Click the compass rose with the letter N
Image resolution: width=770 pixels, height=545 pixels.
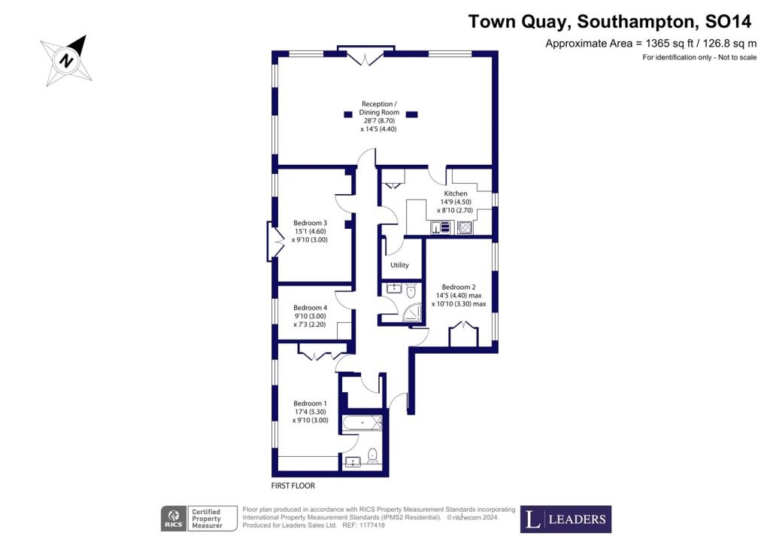(x=66, y=61)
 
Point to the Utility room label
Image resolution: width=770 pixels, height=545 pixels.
(x=399, y=265)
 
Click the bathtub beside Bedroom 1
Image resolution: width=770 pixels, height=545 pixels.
(x=362, y=423)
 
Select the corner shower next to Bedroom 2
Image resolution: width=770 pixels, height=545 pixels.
(x=413, y=314)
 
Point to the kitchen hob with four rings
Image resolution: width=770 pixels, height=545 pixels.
(x=464, y=227)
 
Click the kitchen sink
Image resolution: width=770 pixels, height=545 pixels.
(x=441, y=227)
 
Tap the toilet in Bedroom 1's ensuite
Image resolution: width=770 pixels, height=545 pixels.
(x=373, y=455)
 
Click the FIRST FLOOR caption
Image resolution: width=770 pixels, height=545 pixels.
(x=293, y=486)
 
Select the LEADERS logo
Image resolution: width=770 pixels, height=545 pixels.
(x=565, y=519)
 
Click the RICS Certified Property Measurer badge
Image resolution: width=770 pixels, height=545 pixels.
(x=199, y=519)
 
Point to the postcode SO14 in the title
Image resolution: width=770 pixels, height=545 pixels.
(x=728, y=22)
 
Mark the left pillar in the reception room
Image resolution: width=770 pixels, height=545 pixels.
(x=348, y=114)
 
